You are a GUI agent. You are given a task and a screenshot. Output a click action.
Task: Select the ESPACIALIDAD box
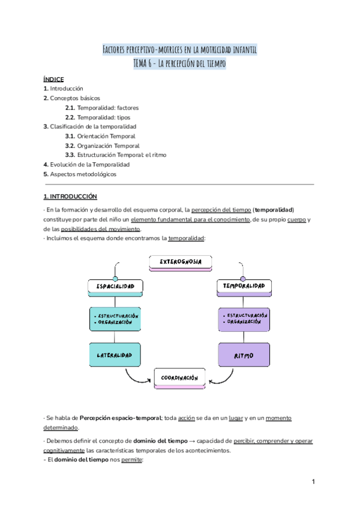pyautogui.click(x=115, y=287)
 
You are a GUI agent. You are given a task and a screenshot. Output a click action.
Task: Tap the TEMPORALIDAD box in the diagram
pyautogui.click(x=244, y=286)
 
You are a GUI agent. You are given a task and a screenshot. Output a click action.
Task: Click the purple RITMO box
pyautogui.click(x=244, y=355)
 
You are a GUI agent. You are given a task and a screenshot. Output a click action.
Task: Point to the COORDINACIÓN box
pyautogui.click(x=180, y=378)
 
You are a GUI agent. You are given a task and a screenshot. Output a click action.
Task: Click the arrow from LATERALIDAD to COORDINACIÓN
pyautogui.click(x=136, y=377)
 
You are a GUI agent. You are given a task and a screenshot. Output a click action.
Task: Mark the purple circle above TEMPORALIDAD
pyautogui.click(x=243, y=279)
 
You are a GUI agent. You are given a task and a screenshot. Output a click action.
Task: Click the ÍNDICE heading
pyautogui.click(x=53, y=79)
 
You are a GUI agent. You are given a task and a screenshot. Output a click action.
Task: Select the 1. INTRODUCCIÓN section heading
pyautogui.click(x=70, y=196)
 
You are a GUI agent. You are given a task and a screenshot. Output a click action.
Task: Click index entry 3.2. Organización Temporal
pyautogui.click(x=102, y=146)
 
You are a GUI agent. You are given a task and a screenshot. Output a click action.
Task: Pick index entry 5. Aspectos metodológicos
pyautogui.click(x=80, y=174)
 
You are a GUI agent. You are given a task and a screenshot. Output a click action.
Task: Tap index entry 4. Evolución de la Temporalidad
pyautogui.click(x=86, y=164)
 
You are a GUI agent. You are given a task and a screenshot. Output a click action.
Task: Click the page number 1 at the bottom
pyautogui.click(x=314, y=482)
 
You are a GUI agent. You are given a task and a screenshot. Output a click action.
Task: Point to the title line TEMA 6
pyautogui.click(x=180, y=63)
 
